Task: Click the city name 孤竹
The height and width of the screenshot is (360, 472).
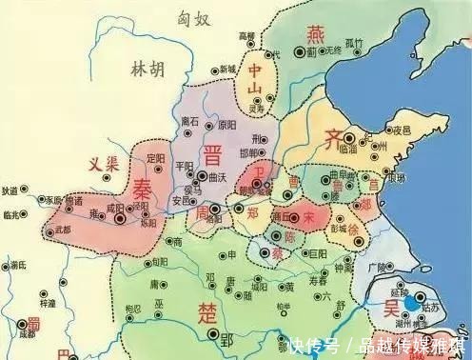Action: [x=354, y=42]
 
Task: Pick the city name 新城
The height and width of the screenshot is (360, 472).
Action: [x=226, y=69]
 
